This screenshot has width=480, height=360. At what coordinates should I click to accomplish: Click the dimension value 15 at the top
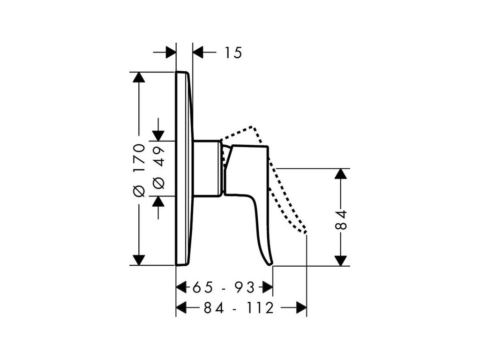click(x=232, y=53)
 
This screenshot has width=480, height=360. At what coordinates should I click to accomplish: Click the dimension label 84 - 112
click(x=239, y=308)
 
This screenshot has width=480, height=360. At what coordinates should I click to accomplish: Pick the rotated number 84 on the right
click(x=343, y=220)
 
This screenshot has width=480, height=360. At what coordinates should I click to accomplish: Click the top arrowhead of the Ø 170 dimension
click(x=138, y=77)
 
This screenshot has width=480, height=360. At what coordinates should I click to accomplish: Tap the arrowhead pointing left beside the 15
click(x=198, y=52)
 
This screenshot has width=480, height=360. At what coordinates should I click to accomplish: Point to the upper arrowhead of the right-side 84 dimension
click(x=341, y=173)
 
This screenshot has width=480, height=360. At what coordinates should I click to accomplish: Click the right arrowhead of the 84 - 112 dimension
click(x=301, y=308)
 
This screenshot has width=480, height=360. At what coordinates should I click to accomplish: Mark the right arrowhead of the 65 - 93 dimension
click(x=268, y=286)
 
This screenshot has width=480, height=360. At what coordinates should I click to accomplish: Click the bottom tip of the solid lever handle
click(x=269, y=264)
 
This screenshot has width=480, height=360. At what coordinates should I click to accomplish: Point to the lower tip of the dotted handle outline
click(x=305, y=232)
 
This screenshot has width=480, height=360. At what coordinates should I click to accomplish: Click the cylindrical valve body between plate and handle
click(x=207, y=168)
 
